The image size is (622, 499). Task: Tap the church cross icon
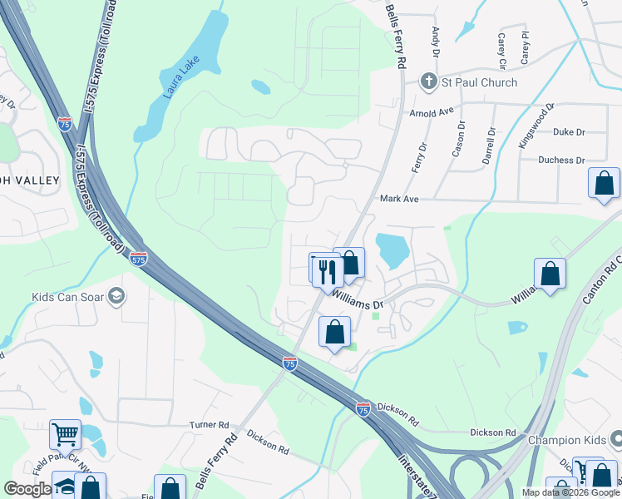pyautogui.click(x=429, y=82)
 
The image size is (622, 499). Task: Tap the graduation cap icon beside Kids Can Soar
pyautogui.click(x=117, y=296)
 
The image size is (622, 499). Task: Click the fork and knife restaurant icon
pyautogui.click(x=327, y=271)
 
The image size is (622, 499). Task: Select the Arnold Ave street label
pyautogui.click(x=431, y=111)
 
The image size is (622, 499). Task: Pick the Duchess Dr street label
pyautogui.click(x=561, y=160)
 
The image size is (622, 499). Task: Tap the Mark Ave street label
pyautogui.click(x=399, y=199)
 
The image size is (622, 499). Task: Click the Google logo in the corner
pyautogui.click(x=27, y=489)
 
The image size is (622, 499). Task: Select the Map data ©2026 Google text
pyautogui.click(x=570, y=492)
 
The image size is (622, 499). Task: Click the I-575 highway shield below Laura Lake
pyautogui.click(x=65, y=124)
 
